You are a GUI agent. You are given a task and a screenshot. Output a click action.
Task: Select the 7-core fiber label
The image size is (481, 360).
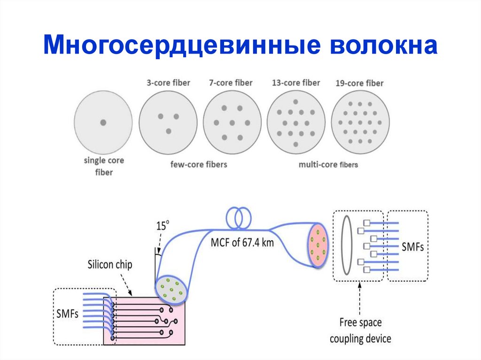(x=231, y=83)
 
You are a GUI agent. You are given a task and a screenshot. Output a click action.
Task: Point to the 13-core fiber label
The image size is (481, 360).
(x=295, y=83)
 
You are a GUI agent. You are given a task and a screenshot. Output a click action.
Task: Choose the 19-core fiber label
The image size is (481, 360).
(x=359, y=84)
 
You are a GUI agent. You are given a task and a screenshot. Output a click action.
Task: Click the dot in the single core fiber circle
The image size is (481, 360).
(x=103, y=123)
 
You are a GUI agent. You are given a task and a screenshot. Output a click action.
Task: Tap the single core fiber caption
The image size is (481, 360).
(x=104, y=166)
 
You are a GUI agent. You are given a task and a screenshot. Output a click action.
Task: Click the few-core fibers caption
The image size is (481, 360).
(x=199, y=164)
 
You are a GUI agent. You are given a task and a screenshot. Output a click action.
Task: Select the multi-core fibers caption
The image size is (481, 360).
(x=328, y=165)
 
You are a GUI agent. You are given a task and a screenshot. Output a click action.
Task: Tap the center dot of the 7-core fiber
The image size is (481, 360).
(x=232, y=123)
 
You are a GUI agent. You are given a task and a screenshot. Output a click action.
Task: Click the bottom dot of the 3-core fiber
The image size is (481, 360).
(x=168, y=131)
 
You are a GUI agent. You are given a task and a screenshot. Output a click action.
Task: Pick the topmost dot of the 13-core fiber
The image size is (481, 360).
(x=295, y=102)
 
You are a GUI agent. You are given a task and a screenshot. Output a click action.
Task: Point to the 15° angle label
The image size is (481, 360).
(x=162, y=226)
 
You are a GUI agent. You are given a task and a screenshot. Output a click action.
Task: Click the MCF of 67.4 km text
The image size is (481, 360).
(x=242, y=243)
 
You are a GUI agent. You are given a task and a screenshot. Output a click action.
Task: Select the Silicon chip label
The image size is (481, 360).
(x=110, y=265)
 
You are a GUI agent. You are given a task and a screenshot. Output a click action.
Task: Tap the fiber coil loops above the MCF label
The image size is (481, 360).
(x=239, y=217)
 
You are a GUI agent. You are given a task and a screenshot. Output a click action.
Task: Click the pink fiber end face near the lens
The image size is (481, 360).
(x=318, y=246)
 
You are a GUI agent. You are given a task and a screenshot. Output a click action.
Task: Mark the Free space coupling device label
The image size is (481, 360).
(x=360, y=330)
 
